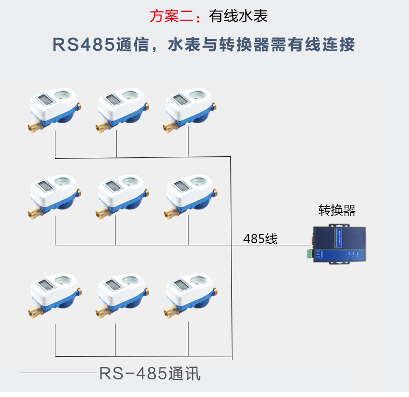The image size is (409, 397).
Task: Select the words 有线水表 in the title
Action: click(238, 16)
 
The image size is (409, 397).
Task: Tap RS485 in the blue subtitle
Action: click(83, 45)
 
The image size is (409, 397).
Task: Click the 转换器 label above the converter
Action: click(337, 210)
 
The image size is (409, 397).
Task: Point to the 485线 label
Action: click(260, 239)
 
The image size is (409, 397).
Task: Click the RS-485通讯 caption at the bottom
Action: click(150, 373)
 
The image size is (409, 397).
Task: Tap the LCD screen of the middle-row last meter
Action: click(179, 186)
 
